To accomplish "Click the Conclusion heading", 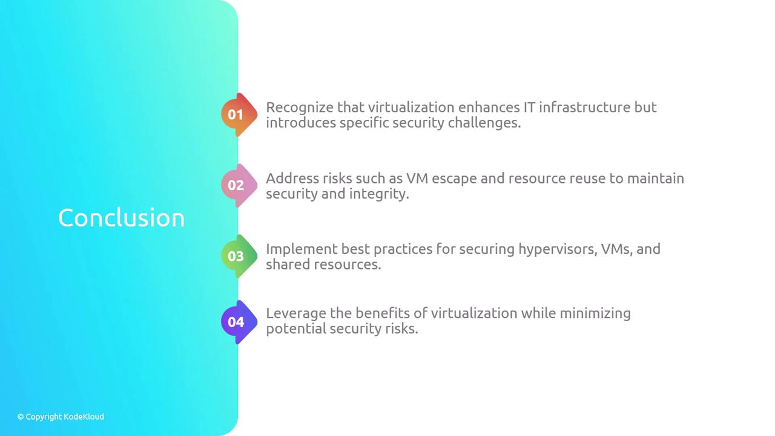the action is (121, 218).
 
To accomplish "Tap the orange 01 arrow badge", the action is (239, 114).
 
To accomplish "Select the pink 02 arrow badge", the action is (239, 185).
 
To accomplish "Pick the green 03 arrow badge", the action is (239, 256).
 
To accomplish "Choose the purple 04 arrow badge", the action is (239, 322).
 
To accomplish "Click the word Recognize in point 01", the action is (300, 108).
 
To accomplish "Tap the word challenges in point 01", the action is (484, 124).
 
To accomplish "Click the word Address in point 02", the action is (292, 179).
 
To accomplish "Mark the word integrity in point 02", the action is (379, 194).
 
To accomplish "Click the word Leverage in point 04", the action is (296, 314).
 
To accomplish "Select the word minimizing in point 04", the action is (595, 314).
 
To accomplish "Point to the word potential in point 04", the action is (296, 329).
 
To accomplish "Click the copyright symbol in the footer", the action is (21, 417).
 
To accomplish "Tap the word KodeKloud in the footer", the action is (84, 417).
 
